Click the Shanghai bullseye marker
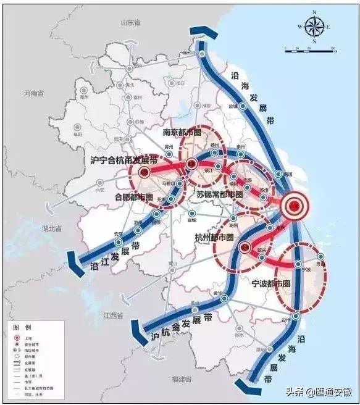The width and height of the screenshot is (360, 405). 295,207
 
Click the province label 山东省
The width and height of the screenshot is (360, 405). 132,23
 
